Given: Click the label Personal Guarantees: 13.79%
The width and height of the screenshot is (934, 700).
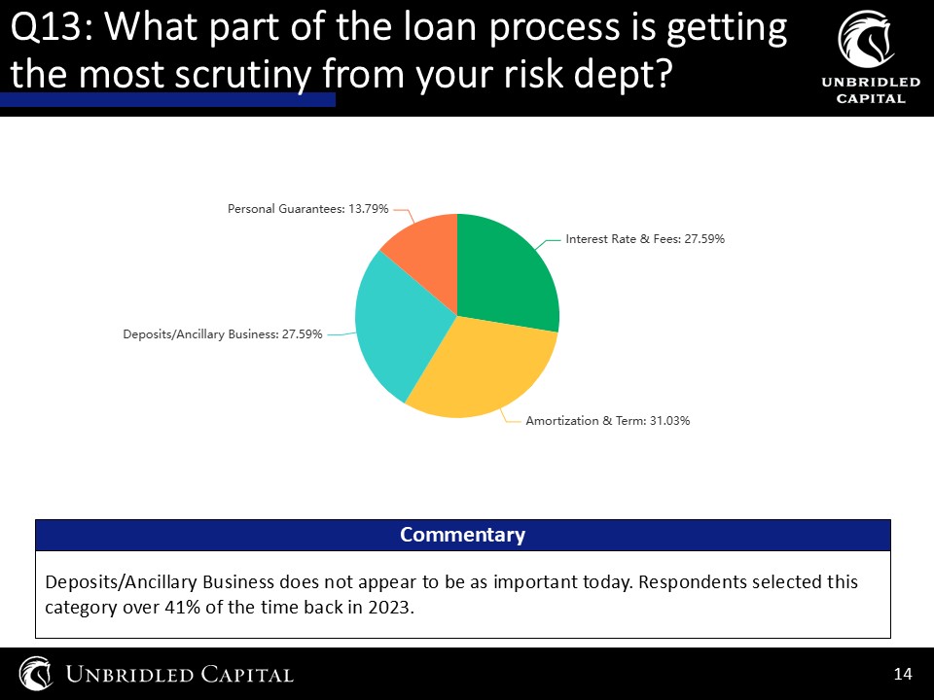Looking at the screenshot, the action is [308, 209].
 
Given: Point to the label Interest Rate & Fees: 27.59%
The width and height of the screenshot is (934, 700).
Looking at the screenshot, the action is [645, 239].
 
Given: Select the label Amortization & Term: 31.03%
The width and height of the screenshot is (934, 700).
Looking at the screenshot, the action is [607, 421].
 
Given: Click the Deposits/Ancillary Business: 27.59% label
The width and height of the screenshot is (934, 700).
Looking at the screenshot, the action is [222, 334].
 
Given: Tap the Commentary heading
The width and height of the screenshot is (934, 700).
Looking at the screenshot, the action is [462, 535].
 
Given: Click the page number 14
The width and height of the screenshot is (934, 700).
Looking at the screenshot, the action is [903, 674].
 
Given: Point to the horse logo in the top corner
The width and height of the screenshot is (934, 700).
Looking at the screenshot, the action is [867, 39].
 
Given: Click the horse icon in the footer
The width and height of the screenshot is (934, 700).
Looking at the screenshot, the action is [36, 674].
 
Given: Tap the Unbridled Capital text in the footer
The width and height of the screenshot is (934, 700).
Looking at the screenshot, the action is [179, 675].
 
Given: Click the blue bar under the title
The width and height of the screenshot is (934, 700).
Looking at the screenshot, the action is [167, 99].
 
